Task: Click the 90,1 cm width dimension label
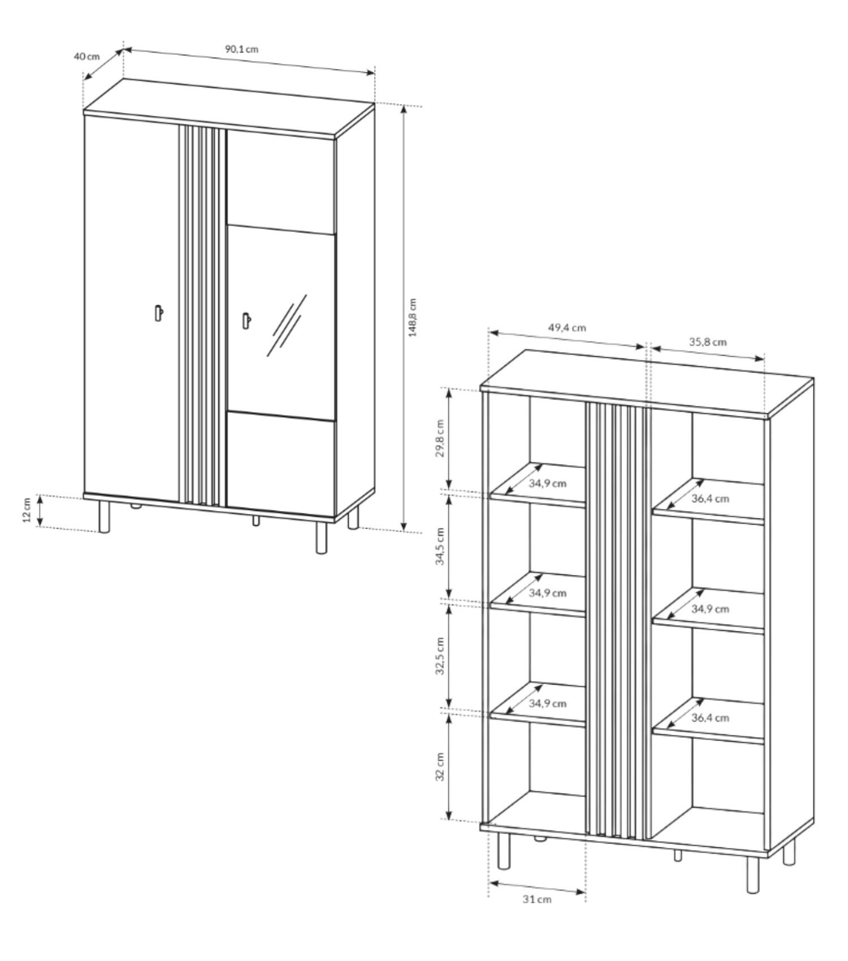point(242,49)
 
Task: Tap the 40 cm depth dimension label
point(86,56)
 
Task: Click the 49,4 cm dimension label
point(566,327)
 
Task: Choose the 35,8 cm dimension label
point(708,341)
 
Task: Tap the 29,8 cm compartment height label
point(441,438)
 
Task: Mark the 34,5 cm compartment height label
point(441,546)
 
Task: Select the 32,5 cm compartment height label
point(441,656)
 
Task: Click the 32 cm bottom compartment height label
point(441,767)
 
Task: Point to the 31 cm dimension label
point(537,899)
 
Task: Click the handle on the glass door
point(246,320)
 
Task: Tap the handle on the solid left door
point(159,313)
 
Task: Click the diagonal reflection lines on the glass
point(287,325)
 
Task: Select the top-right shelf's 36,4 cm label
point(710,499)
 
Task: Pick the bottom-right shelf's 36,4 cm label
point(710,718)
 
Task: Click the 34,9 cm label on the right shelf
point(710,609)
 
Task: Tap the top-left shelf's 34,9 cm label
point(548,483)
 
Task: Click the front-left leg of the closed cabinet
point(104,516)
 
